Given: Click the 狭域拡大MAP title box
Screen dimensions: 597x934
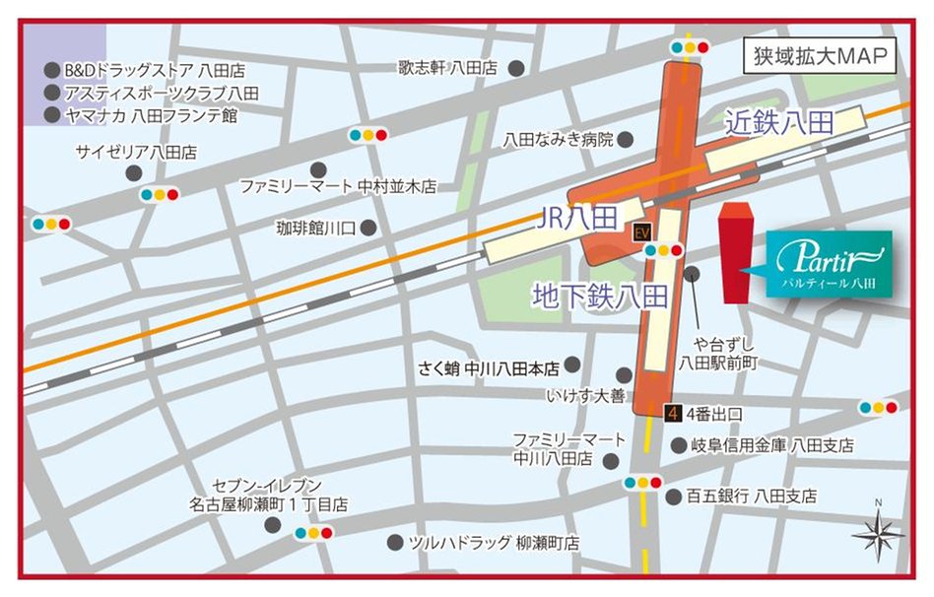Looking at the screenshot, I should pos(820,55).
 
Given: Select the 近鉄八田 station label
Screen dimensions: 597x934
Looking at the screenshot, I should pos(778,122).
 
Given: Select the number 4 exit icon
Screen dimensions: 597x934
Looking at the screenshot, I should pos(674,413).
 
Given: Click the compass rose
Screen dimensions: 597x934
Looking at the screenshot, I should pos(878,535).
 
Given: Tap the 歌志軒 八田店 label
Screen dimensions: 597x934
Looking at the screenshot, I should pos(447,68).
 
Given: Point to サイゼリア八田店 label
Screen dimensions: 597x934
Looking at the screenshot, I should pos(137,152).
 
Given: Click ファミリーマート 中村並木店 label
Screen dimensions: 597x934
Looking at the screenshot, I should pos(338,185).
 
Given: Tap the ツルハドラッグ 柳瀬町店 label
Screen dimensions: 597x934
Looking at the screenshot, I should pos(495,543).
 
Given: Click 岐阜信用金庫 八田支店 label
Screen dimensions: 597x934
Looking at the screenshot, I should pos(771,445).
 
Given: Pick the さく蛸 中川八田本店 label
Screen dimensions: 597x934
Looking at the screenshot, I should pos(484,368).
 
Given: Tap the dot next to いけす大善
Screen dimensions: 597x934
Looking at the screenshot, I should pos(624,374).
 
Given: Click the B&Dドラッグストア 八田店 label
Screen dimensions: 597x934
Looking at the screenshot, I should pos(155,71).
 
